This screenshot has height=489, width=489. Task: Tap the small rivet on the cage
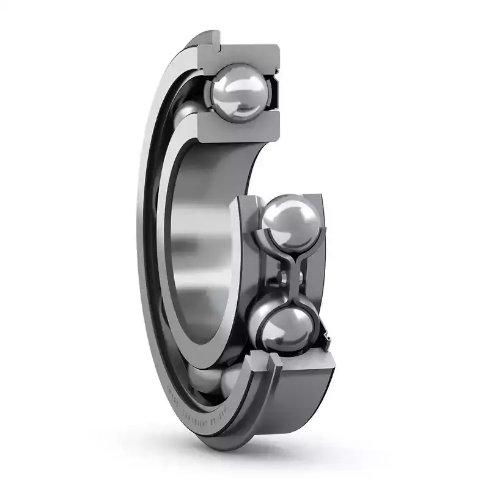coord(282,279)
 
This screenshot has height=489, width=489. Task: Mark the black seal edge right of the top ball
coord(274,92)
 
